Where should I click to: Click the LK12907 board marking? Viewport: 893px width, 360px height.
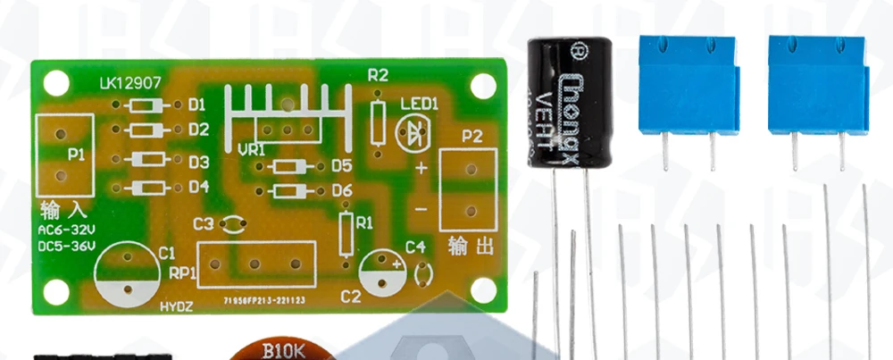pos(130,85)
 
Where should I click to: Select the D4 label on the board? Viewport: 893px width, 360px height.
pos(198,188)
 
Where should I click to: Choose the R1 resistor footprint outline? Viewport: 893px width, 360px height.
pos(346,234)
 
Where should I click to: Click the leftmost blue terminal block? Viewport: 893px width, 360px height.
pos(689,86)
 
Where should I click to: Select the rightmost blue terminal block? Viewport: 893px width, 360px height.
pos(817,86)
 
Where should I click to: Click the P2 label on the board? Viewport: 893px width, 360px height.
pos(472,137)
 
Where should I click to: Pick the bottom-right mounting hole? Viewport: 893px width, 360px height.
pos(484,290)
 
